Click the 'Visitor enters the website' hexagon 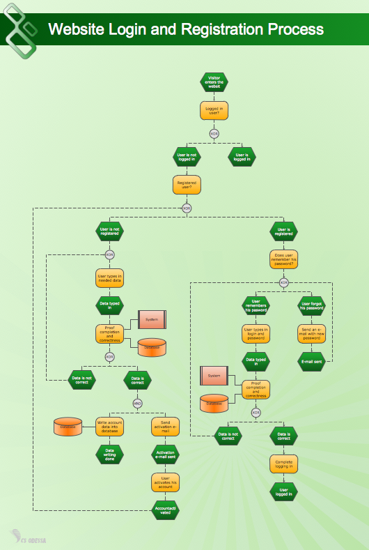tap(214, 82)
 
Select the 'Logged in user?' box tap(214, 110)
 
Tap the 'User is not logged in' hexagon tap(186, 157)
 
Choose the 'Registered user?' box tap(186, 185)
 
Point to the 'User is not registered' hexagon tap(109, 231)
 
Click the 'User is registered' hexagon tap(283, 231)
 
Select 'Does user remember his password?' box tap(283, 259)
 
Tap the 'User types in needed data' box tap(109, 278)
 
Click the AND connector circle tap(137, 403)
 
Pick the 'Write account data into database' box tap(109, 427)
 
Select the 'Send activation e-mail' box tap(165, 427)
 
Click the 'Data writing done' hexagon tap(109, 454)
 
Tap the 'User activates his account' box tap(165, 482)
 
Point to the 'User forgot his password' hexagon tap(311, 305)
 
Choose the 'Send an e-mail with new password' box tap(311, 333)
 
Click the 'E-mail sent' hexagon tap(311, 361)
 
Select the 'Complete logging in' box tap(283, 464)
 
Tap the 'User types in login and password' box tap(256, 333)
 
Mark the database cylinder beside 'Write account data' tap(68, 427)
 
